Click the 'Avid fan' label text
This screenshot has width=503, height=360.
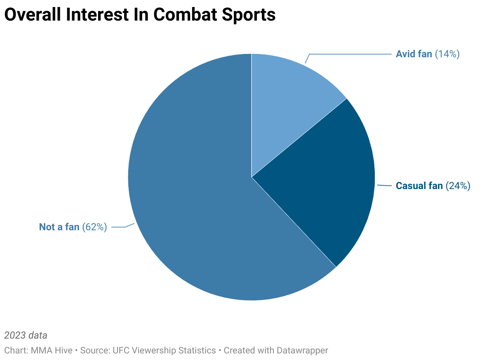click(x=414, y=54)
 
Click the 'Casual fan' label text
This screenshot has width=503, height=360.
click(x=419, y=186)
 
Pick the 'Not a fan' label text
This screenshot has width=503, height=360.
click(x=59, y=227)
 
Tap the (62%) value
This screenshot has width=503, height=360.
click(x=94, y=227)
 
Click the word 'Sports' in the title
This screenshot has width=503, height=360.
click(x=251, y=15)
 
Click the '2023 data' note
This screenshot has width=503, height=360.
click(x=26, y=335)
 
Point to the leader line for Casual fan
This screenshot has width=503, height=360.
click(x=383, y=185)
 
